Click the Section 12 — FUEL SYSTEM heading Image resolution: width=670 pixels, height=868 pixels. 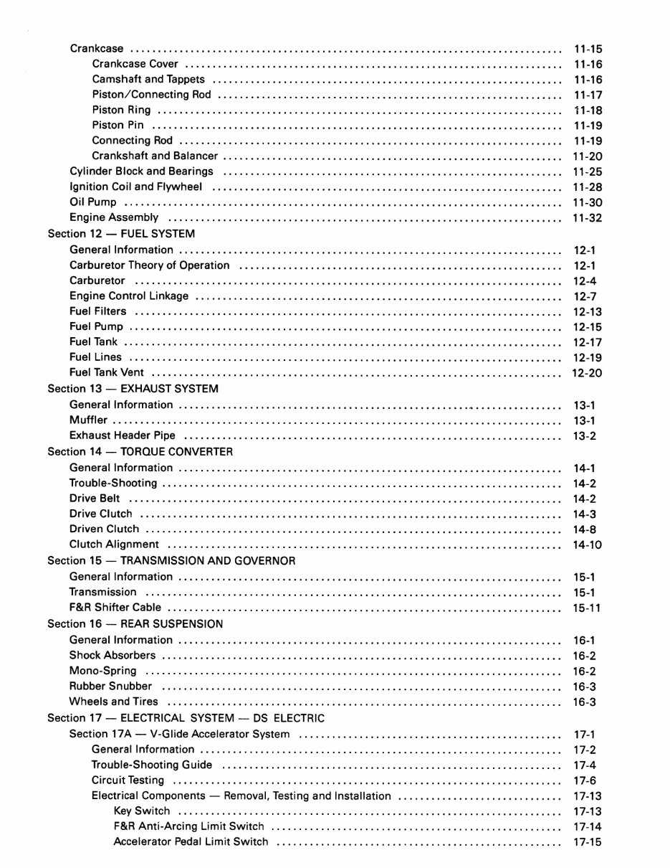pyautogui.click(x=121, y=234)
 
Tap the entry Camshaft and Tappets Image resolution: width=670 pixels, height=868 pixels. pyautogui.click(x=148, y=80)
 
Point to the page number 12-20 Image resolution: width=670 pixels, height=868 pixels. pyautogui.click(x=587, y=373)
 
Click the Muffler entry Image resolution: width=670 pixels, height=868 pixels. pyautogui.click(x=89, y=420)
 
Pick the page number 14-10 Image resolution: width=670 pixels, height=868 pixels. pyautogui.click(x=588, y=545)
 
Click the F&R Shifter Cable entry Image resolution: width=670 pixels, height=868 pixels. pyautogui.click(x=115, y=608)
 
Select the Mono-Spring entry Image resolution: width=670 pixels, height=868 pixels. pyautogui.click(x=102, y=671)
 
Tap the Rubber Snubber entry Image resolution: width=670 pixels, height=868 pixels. pyautogui.click(x=110, y=687)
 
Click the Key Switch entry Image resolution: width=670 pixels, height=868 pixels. pyautogui.click(x=142, y=811)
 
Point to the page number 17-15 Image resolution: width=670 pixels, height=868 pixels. pyautogui.click(x=588, y=842)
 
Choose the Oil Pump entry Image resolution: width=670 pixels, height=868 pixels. pyautogui.click(x=93, y=202)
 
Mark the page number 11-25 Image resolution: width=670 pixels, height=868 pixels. pyautogui.click(x=588, y=172)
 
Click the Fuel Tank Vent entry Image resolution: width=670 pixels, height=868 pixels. pyautogui.click(x=107, y=373)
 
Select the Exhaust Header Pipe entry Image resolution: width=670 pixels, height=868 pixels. pyautogui.click(x=123, y=435)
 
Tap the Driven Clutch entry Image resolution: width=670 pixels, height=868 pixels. pyautogui.click(x=105, y=529)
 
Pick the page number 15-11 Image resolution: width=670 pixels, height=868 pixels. pyautogui.click(x=587, y=608)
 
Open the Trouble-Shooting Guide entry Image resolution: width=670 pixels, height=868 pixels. pyautogui.click(x=152, y=765)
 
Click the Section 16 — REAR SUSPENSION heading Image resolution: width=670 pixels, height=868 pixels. pyautogui.click(x=135, y=624)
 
